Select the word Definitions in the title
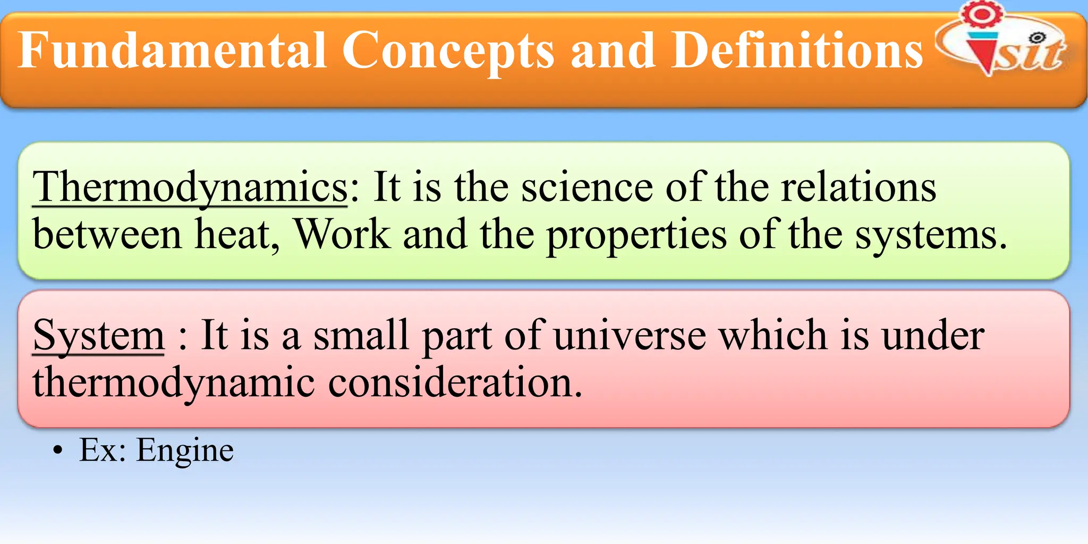[797, 50]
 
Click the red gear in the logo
[982, 14]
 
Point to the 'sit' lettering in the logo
[1028, 53]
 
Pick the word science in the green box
[586, 187]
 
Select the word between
[107, 234]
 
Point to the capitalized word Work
[343, 234]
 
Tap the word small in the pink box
[361, 335]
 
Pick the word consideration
[455, 382]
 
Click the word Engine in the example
[184, 450]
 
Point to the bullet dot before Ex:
[57, 451]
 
